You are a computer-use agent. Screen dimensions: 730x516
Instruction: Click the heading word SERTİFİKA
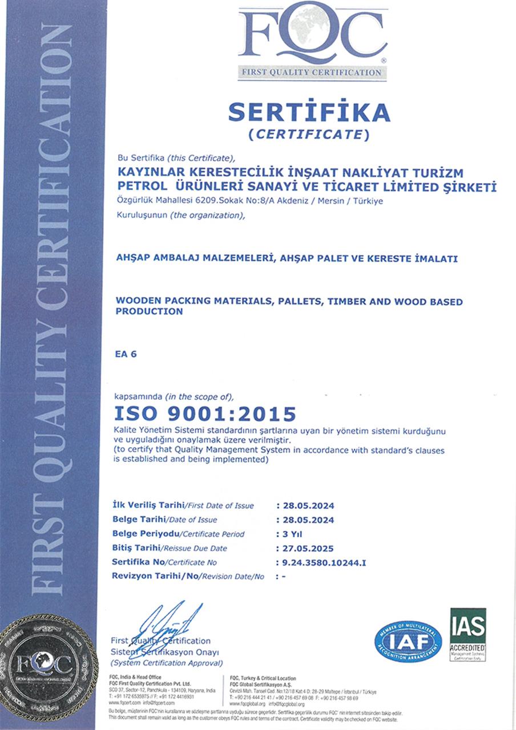[x=309, y=112]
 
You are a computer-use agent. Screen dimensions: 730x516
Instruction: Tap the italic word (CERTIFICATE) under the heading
[x=309, y=135]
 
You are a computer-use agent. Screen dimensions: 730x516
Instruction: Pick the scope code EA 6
[x=126, y=354]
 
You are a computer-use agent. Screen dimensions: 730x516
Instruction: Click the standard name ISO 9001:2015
[x=205, y=413]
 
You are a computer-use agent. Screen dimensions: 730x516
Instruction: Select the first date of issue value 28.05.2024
[x=305, y=506]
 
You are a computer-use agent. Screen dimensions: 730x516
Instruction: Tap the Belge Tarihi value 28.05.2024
[x=305, y=520]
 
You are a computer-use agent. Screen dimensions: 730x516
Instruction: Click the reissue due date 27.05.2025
[x=305, y=549]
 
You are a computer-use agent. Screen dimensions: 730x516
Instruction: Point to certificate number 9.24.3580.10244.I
[x=320, y=563]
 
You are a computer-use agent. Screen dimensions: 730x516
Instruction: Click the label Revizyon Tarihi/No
[x=155, y=577]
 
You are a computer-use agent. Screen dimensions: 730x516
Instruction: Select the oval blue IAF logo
[x=408, y=642]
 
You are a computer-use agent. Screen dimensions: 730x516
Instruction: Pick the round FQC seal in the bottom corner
[x=48, y=667]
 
